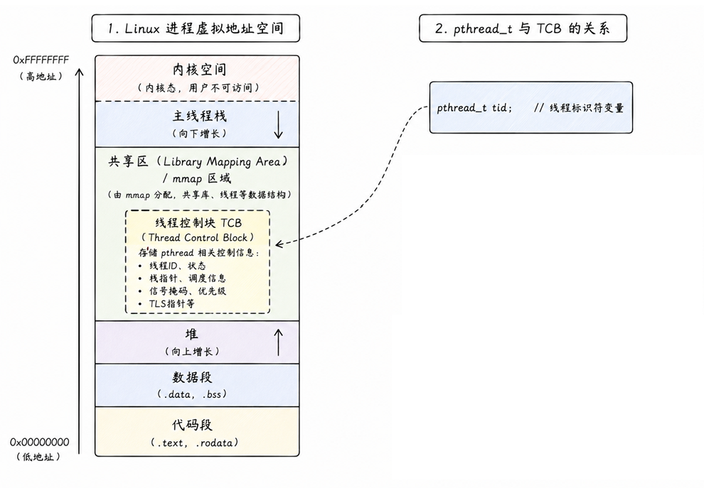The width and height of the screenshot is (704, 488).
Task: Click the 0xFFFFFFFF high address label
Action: (x=41, y=60)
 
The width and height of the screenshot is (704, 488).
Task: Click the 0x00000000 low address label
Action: (x=40, y=443)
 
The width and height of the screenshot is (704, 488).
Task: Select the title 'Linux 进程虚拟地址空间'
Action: (x=204, y=28)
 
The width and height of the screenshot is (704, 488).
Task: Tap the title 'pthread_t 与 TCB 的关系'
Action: (x=531, y=28)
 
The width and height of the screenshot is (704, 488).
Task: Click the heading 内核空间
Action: (x=199, y=70)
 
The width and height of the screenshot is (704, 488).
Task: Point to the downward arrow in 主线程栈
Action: (x=278, y=124)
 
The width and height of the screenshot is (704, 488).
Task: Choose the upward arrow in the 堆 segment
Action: (x=278, y=342)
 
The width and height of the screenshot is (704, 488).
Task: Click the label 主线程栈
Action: (x=199, y=116)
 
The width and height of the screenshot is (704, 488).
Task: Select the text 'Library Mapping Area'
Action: (x=222, y=162)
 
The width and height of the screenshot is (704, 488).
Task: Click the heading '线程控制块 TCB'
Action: (x=198, y=223)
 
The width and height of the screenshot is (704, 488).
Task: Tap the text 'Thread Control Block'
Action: (x=198, y=238)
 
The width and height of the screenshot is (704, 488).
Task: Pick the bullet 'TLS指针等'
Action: (x=172, y=303)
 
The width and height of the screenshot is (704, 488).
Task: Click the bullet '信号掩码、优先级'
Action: (x=188, y=291)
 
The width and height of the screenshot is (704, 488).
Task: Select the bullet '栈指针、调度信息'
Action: (x=188, y=278)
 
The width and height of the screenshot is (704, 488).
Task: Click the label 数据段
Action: (x=192, y=378)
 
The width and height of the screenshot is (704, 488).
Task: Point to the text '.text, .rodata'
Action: (x=194, y=443)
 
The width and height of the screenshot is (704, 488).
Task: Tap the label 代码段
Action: (x=192, y=425)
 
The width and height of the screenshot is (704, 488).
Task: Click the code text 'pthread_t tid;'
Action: (x=474, y=108)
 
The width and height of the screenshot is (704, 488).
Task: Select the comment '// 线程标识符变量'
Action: (x=579, y=108)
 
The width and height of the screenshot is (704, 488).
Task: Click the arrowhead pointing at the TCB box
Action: (x=279, y=244)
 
